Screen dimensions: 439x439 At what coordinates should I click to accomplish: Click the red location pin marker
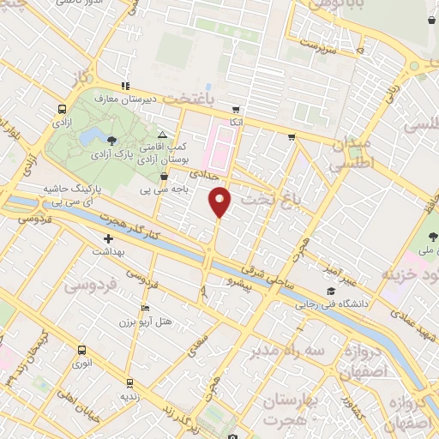[220, 202]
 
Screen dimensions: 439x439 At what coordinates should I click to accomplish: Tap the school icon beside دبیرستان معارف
[125, 86]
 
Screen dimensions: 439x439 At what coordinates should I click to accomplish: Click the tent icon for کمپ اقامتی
[163, 135]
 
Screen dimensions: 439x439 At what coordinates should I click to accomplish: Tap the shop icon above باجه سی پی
[163, 177]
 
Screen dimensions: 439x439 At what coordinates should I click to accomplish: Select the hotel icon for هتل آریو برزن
[145, 309]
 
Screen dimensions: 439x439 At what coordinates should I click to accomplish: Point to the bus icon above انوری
[81, 350]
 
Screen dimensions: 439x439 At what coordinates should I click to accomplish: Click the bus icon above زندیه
[129, 382]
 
